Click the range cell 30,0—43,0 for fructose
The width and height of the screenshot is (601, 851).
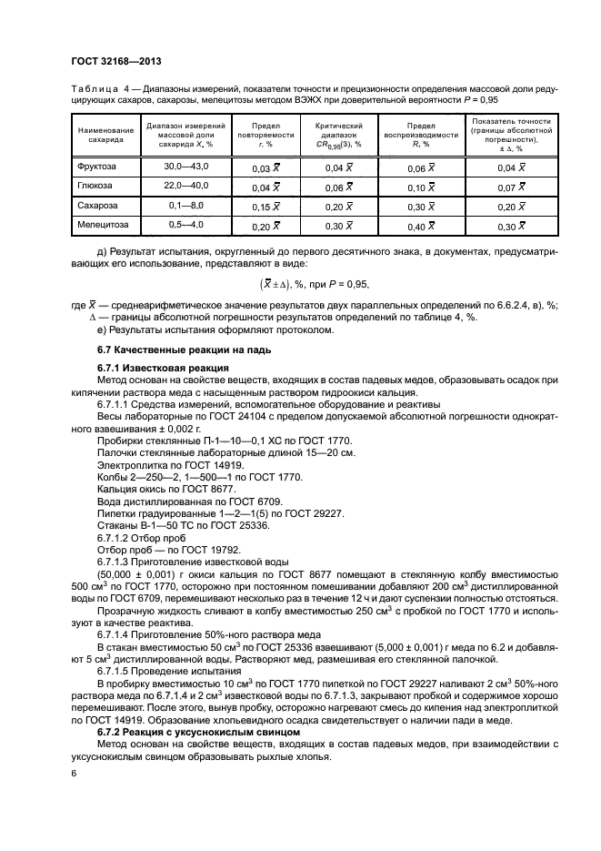(185, 167)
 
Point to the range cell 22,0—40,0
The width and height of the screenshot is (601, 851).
(185, 186)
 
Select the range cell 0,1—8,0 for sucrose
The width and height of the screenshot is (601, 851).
(185, 206)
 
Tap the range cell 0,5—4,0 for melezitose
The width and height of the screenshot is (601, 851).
(185, 224)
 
